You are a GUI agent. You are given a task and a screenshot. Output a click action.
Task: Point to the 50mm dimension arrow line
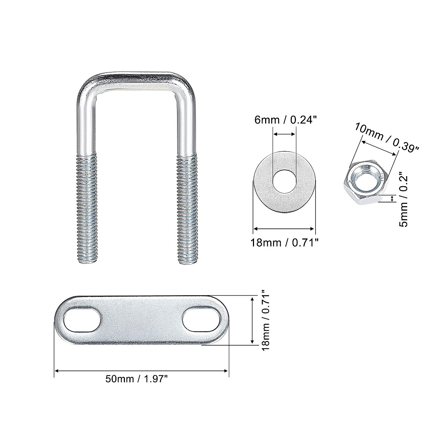click(x=141, y=370)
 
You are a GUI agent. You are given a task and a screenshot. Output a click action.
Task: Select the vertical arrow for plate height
click(x=252, y=321)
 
